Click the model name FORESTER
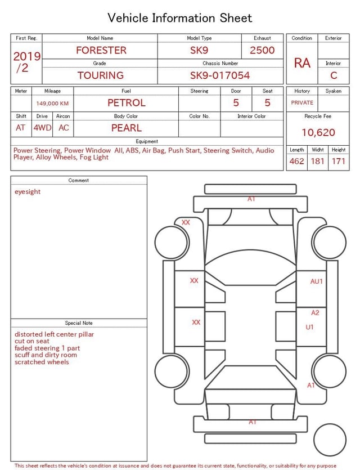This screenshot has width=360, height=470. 101,50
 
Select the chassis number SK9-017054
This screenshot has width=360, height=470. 220,75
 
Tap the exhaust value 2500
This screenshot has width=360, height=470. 262,50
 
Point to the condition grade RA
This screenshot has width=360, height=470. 302,63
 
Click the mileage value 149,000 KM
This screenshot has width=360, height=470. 52,104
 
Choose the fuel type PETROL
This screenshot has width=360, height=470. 127,103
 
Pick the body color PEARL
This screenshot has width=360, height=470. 127,128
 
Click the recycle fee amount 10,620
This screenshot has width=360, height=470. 318,132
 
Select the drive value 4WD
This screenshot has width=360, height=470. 42,128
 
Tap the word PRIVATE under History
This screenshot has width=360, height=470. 302,102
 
